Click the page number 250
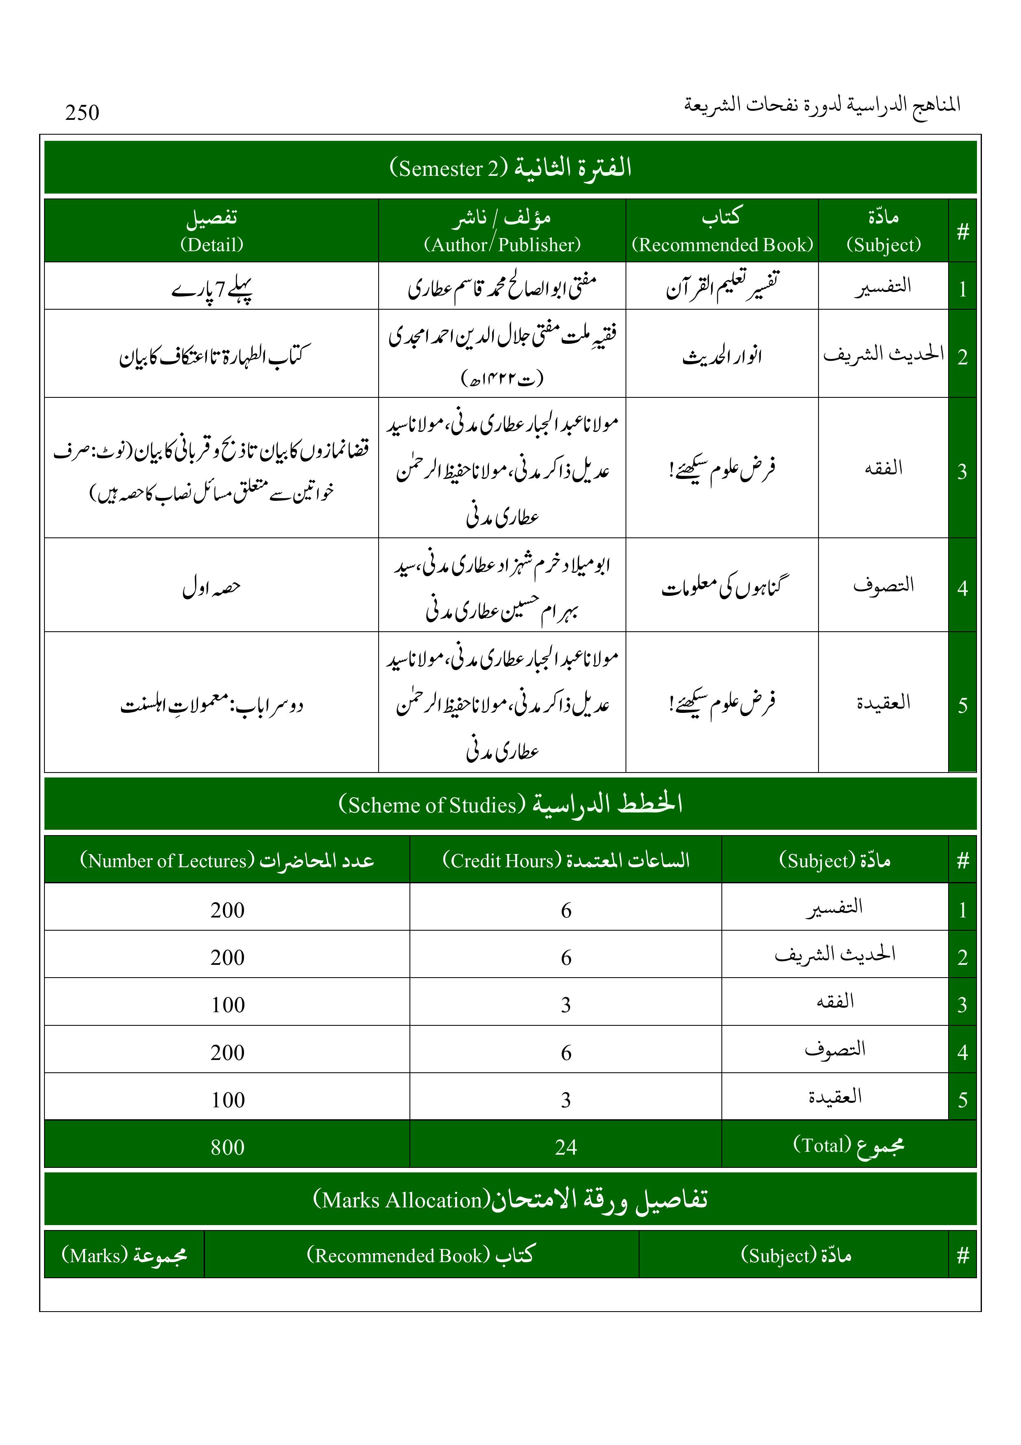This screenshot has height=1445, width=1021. point(82,113)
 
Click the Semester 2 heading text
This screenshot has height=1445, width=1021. point(510,168)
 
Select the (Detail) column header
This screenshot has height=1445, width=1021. point(212,231)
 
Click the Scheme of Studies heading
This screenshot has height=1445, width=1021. point(510,804)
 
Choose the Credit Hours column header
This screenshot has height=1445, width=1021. point(565,860)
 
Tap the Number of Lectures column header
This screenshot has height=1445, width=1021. point(227,860)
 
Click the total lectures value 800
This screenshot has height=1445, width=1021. point(227,1147)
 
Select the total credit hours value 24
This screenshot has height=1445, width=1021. point(565,1147)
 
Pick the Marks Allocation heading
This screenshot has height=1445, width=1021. point(510,1200)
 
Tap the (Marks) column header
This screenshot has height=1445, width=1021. point(124,1256)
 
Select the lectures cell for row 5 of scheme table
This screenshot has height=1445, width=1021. point(227,1100)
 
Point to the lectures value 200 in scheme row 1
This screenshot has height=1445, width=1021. point(227,910)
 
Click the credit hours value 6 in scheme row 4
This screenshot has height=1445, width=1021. point(565,1052)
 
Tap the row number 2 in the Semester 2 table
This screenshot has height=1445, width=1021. point(962,357)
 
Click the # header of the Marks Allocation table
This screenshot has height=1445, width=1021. point(962,1256)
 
